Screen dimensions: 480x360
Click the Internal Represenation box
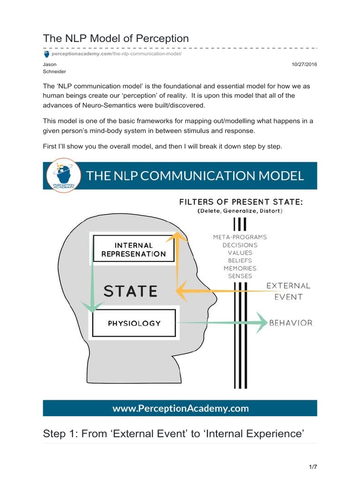134,249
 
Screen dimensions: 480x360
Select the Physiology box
134,323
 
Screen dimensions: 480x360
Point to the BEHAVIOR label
291,322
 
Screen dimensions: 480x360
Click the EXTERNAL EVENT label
288,291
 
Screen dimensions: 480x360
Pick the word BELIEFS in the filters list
240,260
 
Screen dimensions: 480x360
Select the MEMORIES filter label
240,268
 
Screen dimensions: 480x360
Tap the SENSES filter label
240,276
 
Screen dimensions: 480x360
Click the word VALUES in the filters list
240,253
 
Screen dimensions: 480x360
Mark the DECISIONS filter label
240,245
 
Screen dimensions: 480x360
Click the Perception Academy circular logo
62,176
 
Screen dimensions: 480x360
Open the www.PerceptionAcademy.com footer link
180,408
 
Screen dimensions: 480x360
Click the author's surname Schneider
54,72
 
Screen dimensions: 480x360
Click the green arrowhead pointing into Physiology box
92,307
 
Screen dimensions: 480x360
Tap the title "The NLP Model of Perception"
116,38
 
